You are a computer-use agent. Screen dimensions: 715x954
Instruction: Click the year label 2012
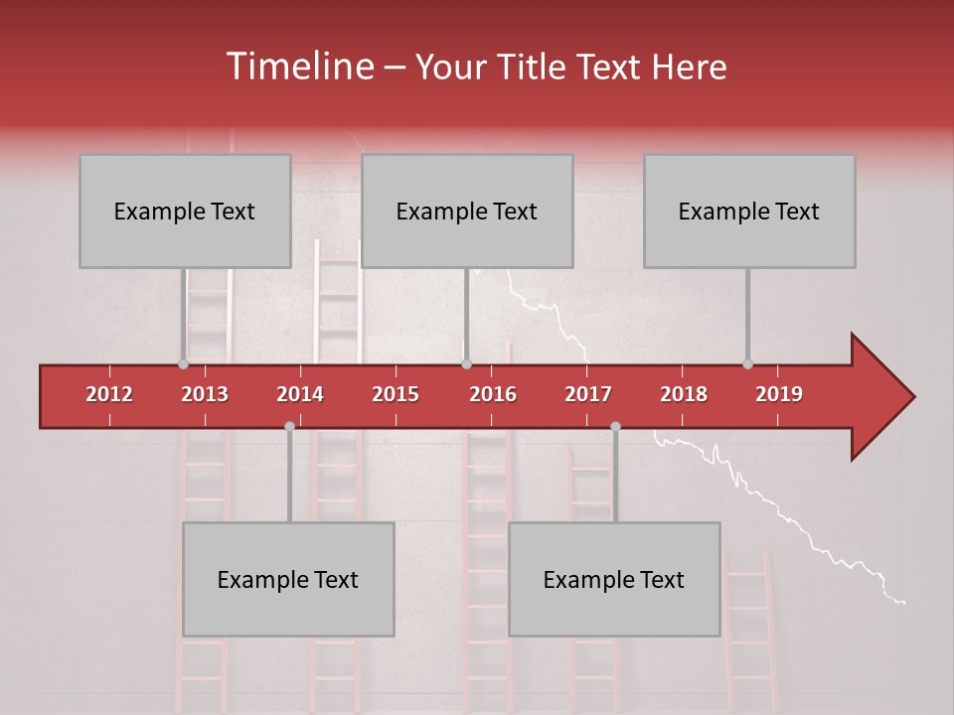(x=109, y=394)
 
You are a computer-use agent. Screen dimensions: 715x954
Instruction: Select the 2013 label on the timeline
(x=205, y=394)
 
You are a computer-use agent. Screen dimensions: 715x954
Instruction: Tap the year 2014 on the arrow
(x=300, y=394)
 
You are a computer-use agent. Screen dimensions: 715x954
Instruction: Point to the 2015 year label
(x=396, y=394)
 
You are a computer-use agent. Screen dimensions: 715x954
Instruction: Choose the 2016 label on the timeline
(x=493, y=394)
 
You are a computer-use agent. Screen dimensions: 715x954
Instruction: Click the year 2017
(x=588, y=394)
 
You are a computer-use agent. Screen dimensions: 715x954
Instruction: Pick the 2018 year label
(x=684, y=394)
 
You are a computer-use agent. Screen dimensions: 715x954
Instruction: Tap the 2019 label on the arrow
(x=779, y=394)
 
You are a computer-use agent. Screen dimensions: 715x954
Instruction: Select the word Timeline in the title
(x=298, y=67)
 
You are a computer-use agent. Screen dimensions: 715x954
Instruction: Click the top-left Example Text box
(x=185, y=211)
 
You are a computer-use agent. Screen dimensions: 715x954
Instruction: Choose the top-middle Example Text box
(x=467, y=211)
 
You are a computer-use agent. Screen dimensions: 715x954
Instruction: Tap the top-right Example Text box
(x=749, y=211)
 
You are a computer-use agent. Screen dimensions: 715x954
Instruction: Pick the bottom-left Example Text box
(x=288, y=579)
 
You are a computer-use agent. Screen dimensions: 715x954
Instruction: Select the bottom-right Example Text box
(x=614, y=579)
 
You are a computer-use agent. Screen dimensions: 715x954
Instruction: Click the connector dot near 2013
(x=183, y=364)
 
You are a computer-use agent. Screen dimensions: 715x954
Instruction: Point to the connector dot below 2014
(x=289, y=426)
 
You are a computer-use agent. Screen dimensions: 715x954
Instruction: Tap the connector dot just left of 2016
(x=466, y=364)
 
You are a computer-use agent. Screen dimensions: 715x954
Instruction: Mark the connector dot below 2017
(x=615, y=426)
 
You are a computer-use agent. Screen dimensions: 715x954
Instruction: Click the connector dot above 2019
(x=747, y=364)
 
